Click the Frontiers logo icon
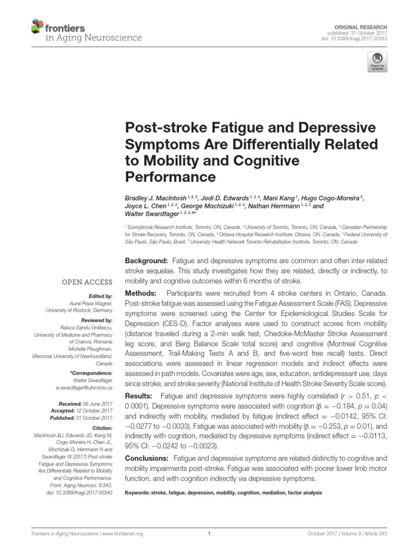click(x=38, y=25)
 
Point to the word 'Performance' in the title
click(x=171, y=177)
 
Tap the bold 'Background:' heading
click(x=147, y=261)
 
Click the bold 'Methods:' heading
click(x=141, y=293)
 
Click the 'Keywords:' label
click(x=139, y=492)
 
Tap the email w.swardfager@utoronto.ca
click(x=85, y=387)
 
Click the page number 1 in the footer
click(x=209, y=534)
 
